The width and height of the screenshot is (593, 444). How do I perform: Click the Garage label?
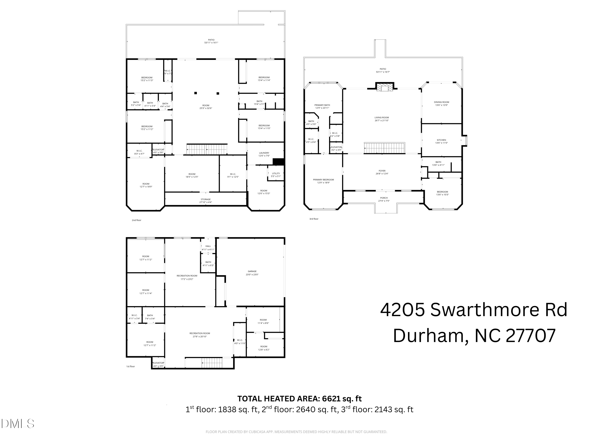(x=252, y=273)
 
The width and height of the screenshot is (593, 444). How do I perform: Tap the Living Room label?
(x=381, y=119)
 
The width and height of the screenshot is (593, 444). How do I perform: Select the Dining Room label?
(x=441, y=104)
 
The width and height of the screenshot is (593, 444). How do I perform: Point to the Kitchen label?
(x=441, y=141)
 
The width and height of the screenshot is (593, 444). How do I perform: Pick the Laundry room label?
(x=264, y=154)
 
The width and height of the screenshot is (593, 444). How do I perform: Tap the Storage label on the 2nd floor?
(x=206, y=201)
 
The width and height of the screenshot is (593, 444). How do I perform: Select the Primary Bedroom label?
(x=323, y=181)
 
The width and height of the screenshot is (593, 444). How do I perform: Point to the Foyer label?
(x=382, y=172)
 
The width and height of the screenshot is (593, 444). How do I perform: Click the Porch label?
(x=384, y=199)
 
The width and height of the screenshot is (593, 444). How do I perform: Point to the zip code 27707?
(x=531, y=336)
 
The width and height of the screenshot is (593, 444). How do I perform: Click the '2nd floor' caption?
(x=136, y=220)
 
